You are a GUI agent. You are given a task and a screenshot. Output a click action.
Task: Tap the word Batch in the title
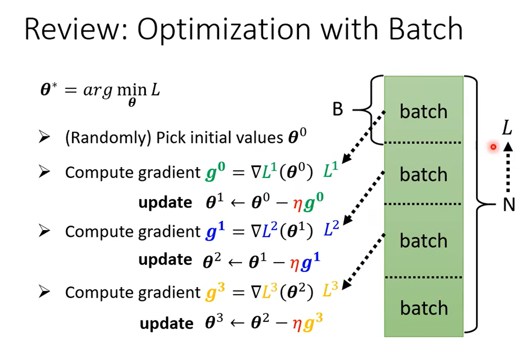[x=426, y=29]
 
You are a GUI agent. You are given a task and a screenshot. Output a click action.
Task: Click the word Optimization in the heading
[x=224, y=31]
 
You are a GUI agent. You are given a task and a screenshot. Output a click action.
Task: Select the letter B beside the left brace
[x=338, y=109]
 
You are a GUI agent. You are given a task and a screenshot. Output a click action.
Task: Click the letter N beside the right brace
[x=509, y=204]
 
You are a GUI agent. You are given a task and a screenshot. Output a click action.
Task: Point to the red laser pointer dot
[x=493, y=147]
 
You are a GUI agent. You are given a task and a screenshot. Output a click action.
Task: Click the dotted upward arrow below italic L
[x=508, y=167]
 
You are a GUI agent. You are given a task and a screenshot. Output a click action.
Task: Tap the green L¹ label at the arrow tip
[x=331, y=170]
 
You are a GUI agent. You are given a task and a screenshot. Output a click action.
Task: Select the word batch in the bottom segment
[x=424, y=307]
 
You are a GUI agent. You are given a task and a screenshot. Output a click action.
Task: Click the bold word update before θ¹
[x=165, y=202]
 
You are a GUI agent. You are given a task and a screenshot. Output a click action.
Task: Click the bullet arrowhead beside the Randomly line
[x=44, y=137]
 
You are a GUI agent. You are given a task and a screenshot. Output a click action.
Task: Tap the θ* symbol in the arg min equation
[x=49, y=90]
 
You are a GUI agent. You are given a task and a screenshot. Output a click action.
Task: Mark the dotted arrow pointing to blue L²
[x=364, y=197]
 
